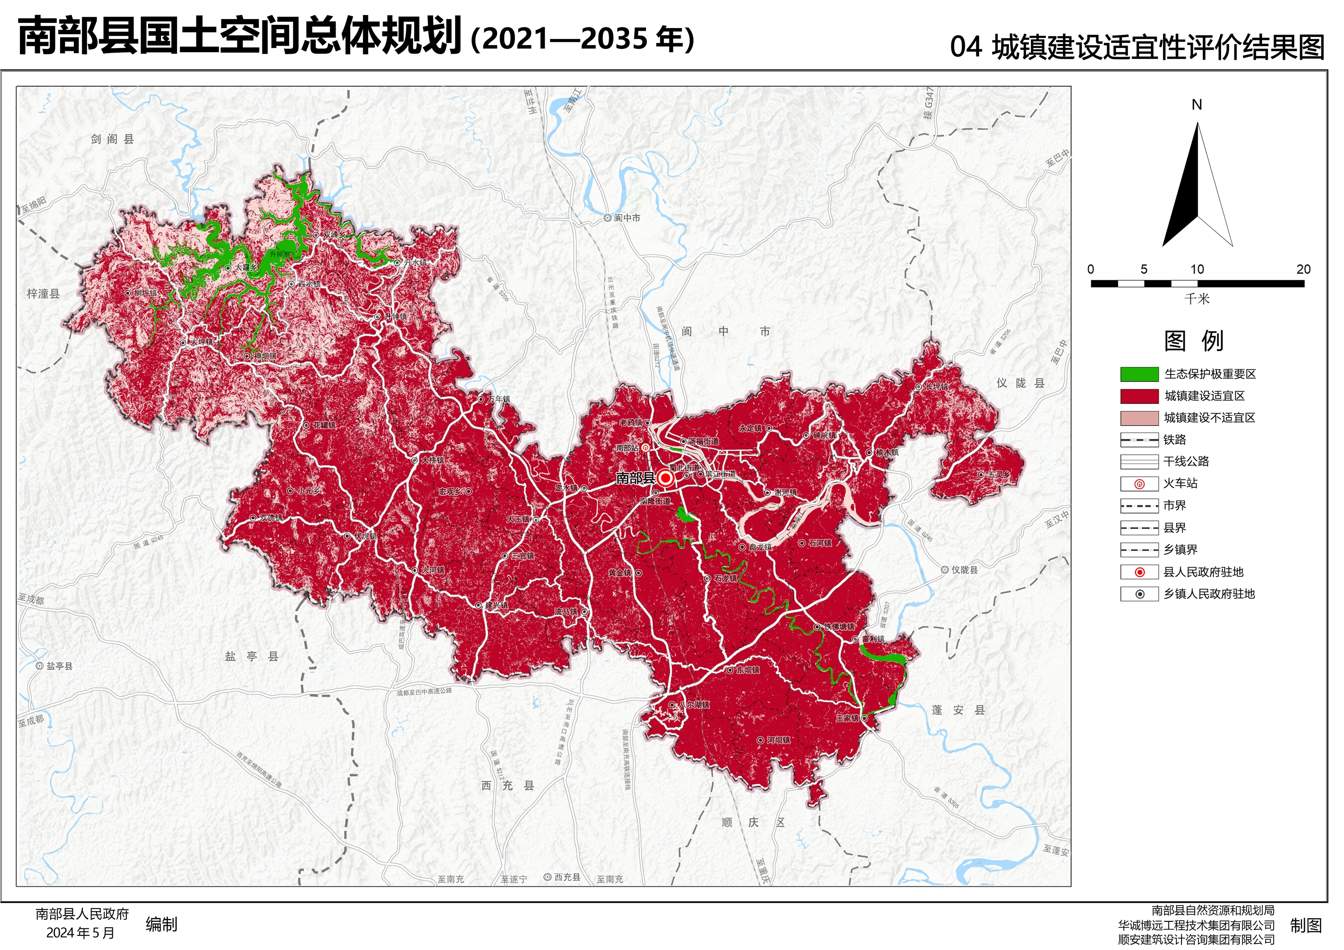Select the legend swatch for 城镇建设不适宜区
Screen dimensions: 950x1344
point(1139,418)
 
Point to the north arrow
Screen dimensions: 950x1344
point(1197,184)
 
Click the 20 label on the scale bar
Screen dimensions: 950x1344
point(1303,269)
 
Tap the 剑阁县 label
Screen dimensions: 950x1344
point(112,139)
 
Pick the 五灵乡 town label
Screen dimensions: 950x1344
point(998,475)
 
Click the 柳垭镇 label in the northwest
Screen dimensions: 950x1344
point(145,293)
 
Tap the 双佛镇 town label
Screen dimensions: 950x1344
point(270,518)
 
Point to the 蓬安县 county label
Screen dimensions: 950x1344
point(958,710)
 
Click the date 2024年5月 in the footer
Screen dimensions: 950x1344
point(80,933)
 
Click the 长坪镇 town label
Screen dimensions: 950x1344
point(936,387)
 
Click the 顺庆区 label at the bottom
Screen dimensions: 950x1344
point(753,823)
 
